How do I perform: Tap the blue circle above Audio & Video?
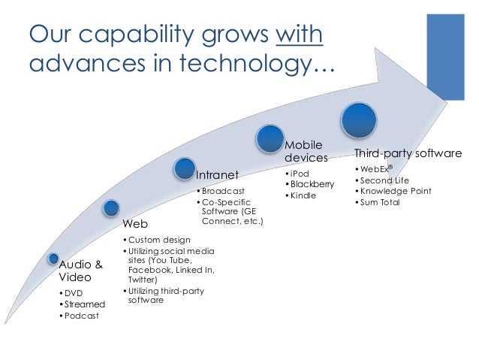click(x=53, y=259)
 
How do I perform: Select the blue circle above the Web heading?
click(x=111, y=207)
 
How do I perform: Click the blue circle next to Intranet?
click(x=185, y=169)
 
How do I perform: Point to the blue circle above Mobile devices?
click(x=270, y=138)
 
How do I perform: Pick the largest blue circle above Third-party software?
click(x=358, y=119)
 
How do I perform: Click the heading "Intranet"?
click(x=218, y=175)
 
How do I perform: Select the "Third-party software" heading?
click(x=408, y=153)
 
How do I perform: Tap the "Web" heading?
click(x=135, y=224)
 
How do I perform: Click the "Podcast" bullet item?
click(x=84, y=316)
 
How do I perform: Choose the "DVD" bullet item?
click(x=76, y=292)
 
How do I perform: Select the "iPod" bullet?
click(x=300, y=173)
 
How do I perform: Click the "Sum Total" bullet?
click(x=380, y=202)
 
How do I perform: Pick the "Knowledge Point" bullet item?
click(x=396, y=191)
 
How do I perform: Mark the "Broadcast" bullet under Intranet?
click(x=223, y=191)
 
